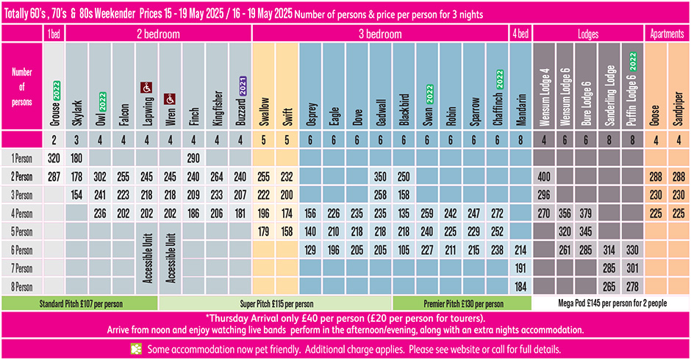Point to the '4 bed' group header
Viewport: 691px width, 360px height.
[520, 34]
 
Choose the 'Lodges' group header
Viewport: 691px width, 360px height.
[588, 34]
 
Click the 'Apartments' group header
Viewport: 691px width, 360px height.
[667, 34]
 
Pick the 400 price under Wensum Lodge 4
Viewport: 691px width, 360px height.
[545, 176]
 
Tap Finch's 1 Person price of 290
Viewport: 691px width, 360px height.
[194, 158]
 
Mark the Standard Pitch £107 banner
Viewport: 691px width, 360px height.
[80, 303]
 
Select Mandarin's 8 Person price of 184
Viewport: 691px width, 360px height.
[520, 286]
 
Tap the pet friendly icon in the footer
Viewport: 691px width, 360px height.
[135, 348]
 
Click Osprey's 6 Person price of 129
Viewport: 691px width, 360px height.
[310, 250]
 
